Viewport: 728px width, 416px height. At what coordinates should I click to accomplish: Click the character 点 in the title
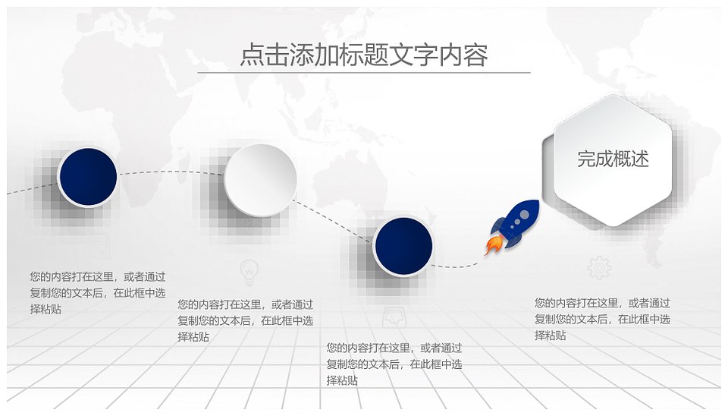(252, 55)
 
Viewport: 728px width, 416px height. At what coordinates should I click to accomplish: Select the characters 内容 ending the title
(463, 55)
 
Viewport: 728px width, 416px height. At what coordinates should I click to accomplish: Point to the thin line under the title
(364, 73)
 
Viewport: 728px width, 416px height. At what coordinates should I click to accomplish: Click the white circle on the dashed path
(260, 180)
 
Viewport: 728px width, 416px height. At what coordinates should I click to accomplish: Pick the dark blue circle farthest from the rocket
(88, 177)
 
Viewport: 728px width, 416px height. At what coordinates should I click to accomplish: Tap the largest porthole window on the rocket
(524, 215)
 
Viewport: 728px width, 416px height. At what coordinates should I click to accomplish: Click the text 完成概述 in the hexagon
(613, 159)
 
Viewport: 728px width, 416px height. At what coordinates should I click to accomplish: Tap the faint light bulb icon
(249, 273)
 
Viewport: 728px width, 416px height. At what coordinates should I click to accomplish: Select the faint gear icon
(599, 268)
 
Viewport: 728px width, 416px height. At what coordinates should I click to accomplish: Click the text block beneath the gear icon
(602, 320)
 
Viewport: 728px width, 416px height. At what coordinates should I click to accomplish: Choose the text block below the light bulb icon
(245, 320)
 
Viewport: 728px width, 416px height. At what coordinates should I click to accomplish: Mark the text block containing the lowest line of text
(394, 364)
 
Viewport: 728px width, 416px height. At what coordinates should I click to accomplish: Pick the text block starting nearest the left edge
(98, 293)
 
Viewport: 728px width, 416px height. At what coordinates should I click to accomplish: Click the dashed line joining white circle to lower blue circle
(334, 221)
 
